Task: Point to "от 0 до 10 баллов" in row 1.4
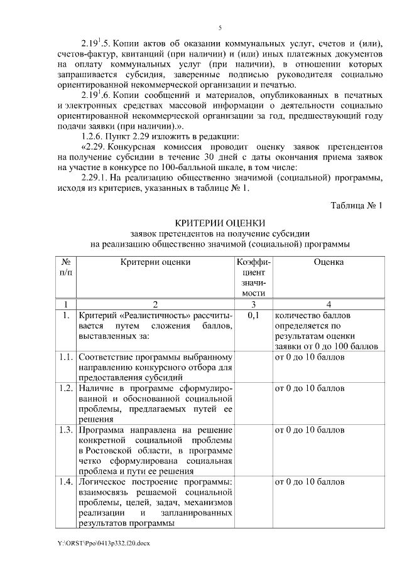tap(310, 482)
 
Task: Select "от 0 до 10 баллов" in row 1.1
tap(310, 357)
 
